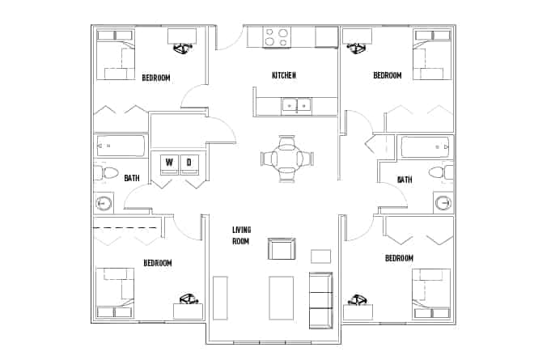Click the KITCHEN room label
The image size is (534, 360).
click(x=283, y=75)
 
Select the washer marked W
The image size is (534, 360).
click(x=169, y=163)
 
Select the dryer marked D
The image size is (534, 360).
click(x=190, y=163)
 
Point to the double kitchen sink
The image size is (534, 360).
click(x=296, y=104)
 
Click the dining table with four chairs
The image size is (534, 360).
click(x=284, y=159)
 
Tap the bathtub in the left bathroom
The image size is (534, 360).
click(x=121, y=146)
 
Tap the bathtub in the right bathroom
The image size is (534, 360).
click(x=426, y=147)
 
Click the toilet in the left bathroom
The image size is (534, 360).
click(x=102, y=172)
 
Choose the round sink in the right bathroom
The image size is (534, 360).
click(x=443, y=202)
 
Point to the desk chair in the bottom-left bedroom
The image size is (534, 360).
click(x=188, y=301)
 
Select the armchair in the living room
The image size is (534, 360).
click(x=282, y=250)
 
